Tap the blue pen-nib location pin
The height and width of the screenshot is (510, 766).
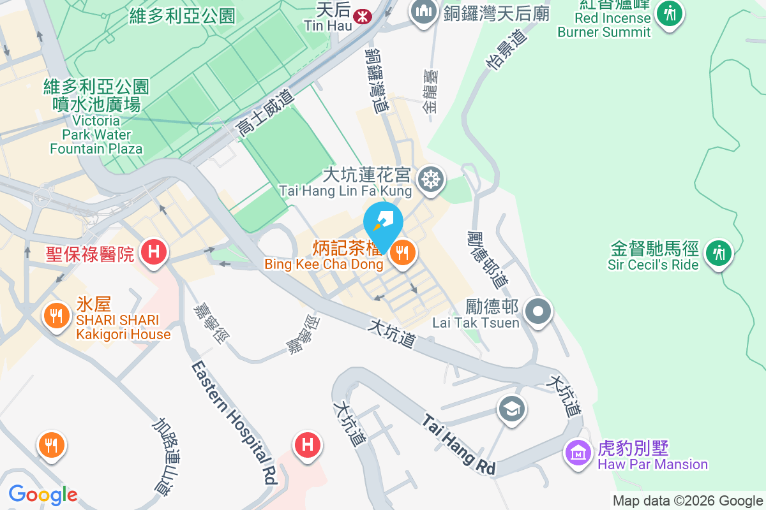pos(383,224)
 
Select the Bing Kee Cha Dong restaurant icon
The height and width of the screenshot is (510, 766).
pos(403,254)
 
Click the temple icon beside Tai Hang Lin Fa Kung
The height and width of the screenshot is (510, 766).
pos(431,179)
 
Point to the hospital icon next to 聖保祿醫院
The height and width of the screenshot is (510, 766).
pos(154,252)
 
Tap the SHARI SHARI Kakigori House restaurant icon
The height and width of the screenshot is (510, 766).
pos(56,314)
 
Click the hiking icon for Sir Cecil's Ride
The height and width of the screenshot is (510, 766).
pos(719,254)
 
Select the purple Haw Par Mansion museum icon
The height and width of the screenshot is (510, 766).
pos(578,454)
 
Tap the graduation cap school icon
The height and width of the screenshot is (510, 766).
pos(512,408)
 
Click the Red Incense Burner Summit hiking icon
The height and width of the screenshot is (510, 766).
pos(670,13)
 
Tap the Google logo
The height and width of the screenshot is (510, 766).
pos(43,494)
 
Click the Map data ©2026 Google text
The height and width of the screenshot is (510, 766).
pos(687,501)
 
